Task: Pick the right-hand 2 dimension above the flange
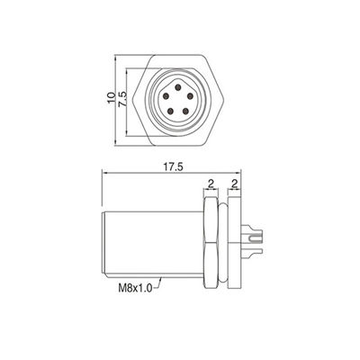234,184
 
